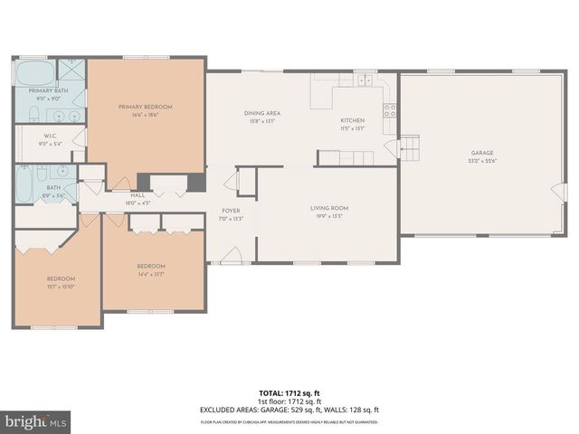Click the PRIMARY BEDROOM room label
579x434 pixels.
coord(145,107)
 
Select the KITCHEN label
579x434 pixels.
coord(352,120)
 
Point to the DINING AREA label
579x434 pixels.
coord(261,113)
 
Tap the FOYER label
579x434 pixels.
coord(232,211)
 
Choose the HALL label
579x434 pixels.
coord(138,194)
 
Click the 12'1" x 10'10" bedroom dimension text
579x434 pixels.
coord(61,286)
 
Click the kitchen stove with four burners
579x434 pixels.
coord(390,110)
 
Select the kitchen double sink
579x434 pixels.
coord(365,80)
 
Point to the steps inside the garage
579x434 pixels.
coord(410,146)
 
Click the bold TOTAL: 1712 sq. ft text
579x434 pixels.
coord(289,392)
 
